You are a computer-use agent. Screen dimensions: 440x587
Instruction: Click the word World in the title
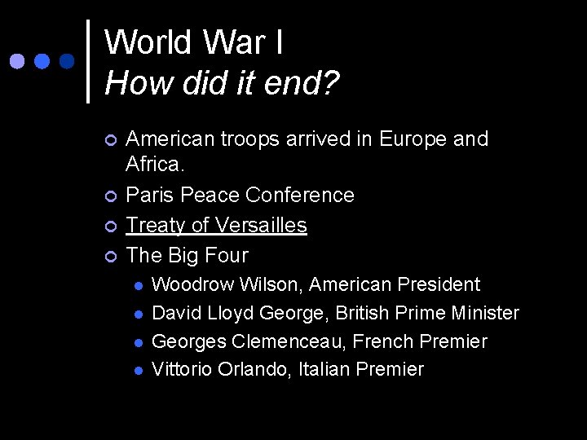tap(148, 42)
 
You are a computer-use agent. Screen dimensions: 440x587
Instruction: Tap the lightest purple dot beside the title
tap(18, 61)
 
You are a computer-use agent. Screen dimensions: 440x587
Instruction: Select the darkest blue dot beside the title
tap(67, 61)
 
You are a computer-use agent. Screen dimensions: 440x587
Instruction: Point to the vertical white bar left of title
tap(88, 61)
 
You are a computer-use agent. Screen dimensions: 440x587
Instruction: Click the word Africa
tap(155, 165)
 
